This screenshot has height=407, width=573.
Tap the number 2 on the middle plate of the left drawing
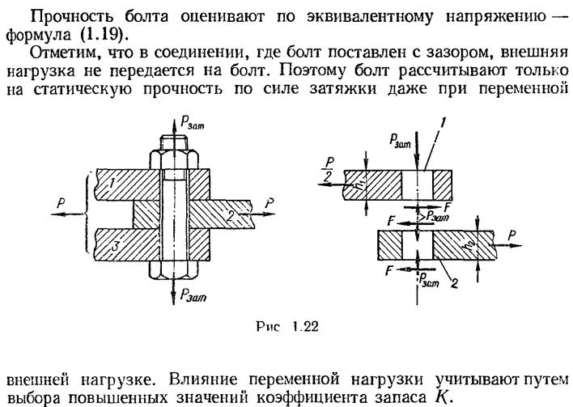click(230, 216)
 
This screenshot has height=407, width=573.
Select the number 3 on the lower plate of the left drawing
click(115, 245)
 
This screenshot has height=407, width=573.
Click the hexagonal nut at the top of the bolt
click(174, 159)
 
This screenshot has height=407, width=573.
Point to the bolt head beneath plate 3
click(174, 270)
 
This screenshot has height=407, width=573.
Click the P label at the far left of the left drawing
click(61, 204)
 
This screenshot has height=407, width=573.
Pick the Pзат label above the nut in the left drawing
click(193, 123)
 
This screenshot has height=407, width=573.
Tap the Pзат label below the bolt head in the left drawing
click(193, 295)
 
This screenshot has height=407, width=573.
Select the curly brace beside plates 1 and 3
click(87, 212)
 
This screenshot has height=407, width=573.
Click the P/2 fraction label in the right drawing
click(329, 170)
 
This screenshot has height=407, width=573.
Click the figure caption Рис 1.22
click(287, 326)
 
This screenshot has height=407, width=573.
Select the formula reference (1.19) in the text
click(101, 35)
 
